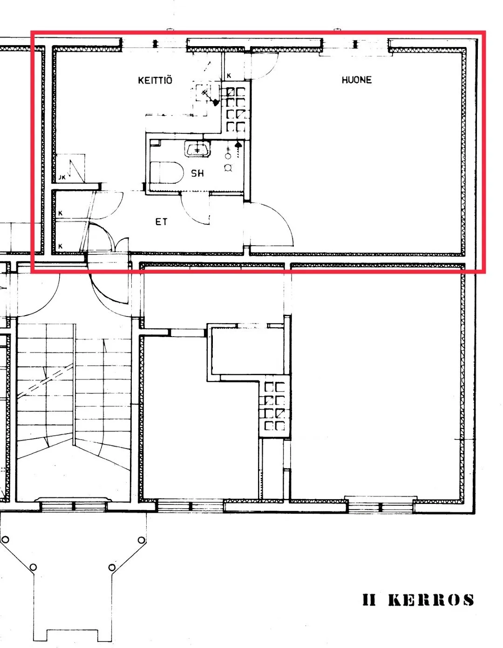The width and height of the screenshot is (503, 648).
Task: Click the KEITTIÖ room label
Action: (155, 80)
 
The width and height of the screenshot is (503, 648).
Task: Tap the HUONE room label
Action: (356, 80)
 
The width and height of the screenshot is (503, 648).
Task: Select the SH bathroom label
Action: (197, 173)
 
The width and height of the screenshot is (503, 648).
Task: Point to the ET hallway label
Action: (161, 221)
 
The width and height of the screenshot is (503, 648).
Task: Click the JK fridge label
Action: (62, 178)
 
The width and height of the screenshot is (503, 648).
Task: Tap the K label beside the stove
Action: (229, 76)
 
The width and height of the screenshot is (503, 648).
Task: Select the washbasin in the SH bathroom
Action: (197, 149)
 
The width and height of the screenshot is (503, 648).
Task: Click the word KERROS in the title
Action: (431, 600)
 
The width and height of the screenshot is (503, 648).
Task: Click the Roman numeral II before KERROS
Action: (369, 600)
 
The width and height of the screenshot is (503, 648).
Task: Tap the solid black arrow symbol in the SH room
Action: (238, 145)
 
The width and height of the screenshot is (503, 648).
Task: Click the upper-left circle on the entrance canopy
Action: (5, 539)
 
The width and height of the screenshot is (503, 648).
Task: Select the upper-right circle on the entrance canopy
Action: (142, 540)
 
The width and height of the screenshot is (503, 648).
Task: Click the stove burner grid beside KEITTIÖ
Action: (236, 109)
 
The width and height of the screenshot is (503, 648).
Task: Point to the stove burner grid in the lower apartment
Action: (275, 406)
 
